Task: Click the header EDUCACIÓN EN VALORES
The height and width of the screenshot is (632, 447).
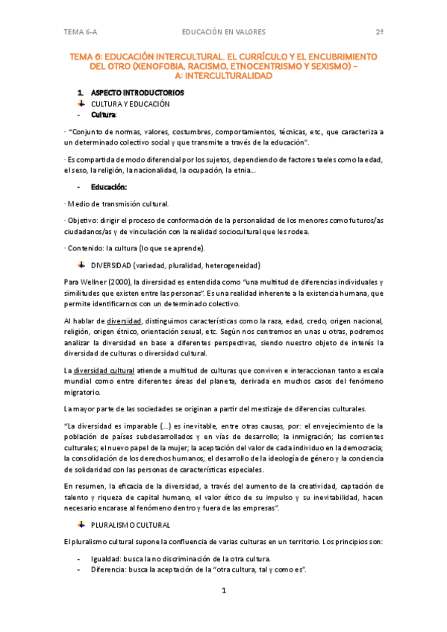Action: [x=223, y=31]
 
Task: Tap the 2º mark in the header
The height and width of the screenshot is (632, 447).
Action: [x=379, y=31]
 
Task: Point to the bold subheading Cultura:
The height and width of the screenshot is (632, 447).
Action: [x=104, y=116]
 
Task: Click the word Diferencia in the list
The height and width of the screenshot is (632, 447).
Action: [x=109, y=569]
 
